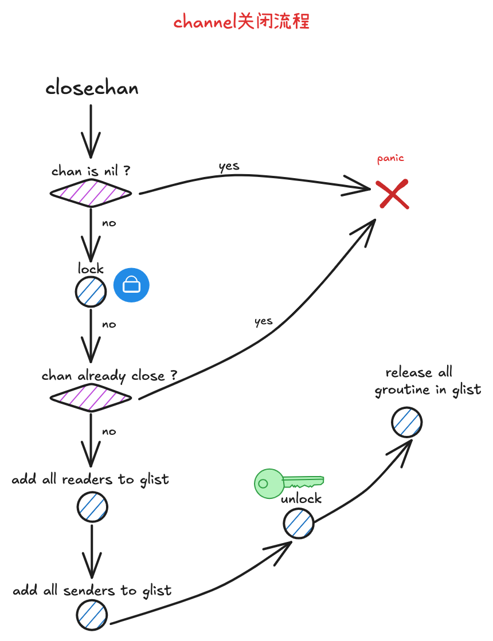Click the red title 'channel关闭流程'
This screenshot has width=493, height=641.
[x=241, y=21]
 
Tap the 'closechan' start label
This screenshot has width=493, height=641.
[x=92, y=88]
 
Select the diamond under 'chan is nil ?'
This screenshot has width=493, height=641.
[x=91, y=192]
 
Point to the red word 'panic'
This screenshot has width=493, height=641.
[x=390, y=159]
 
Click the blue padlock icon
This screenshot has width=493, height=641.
[x=131, y=285]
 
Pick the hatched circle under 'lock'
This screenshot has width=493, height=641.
[x=91, y=292]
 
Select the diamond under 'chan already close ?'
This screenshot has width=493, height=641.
[x=91, y=398]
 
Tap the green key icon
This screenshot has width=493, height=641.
[x=289, y=483]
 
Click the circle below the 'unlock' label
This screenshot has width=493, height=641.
[x=299, y=523]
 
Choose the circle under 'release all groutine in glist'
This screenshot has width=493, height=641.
[x=406, y=422]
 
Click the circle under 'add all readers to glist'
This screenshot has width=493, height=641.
[x=92, y=507]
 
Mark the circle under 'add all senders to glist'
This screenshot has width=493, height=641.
[x=92, y=615]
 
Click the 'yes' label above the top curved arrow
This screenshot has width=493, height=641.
[x=229, y=166]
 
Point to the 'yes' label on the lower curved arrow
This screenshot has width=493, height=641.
[x=264, y=322]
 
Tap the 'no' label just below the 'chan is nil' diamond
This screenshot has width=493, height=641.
[x=109, y=223]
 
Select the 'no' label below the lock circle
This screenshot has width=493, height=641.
[x=109, y=325]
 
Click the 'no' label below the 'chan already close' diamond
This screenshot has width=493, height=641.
[x=109, y=432]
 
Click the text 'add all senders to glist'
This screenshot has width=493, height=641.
[x=92, y=591]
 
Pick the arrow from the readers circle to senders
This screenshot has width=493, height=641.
[x=92, y=552]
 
